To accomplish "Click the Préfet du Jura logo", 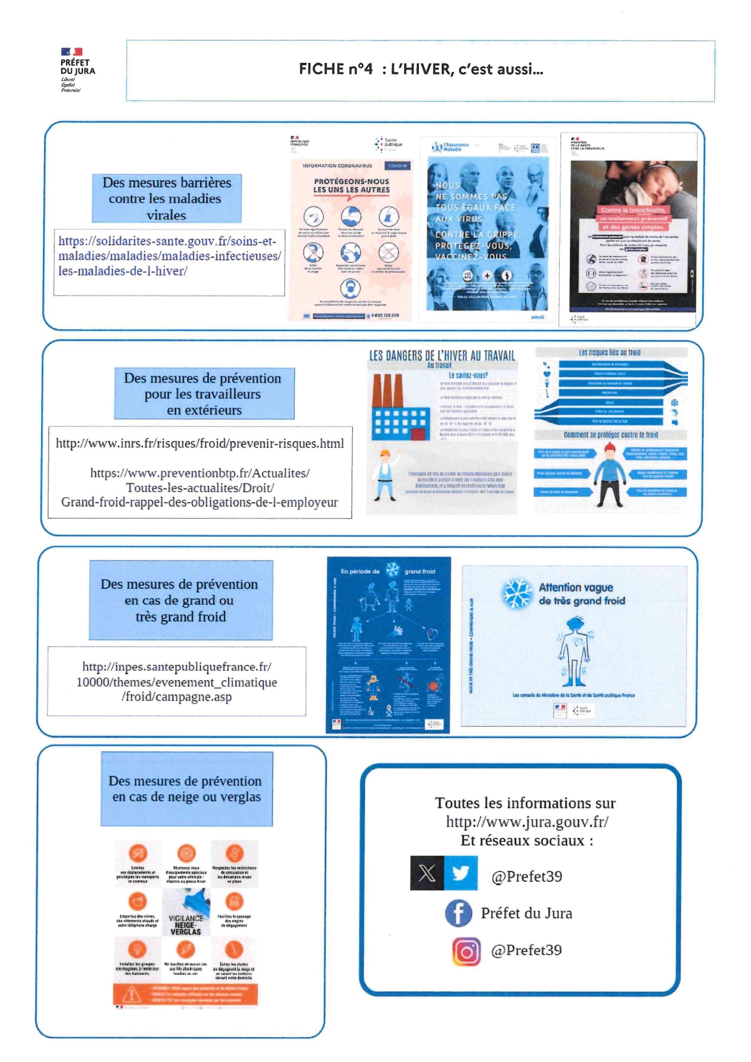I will [x=77, y=69].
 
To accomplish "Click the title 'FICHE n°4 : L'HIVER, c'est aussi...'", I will [x=421, y=69].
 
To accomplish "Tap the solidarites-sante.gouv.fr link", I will [x=169, y=256].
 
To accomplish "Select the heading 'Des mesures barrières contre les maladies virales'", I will [x=166, y=198].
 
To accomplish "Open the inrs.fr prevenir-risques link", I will [x=200, y=444].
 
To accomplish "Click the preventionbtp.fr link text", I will [x=200, y=488].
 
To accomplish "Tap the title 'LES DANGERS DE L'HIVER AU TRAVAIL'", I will [x=442, y=356].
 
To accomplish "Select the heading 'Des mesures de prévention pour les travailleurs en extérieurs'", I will [x=204, y=394].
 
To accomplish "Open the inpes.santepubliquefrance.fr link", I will [x=177, y=682].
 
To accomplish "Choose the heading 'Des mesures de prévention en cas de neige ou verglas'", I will [x=186, y=789].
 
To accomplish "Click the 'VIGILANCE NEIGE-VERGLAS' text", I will [x=186, y=925].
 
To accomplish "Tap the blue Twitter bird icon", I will [x=461, y=873].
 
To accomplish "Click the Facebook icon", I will [x=459, y=913].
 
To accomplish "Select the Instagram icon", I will [x=466, y=951].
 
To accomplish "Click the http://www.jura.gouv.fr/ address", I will [x=527, y=822].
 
